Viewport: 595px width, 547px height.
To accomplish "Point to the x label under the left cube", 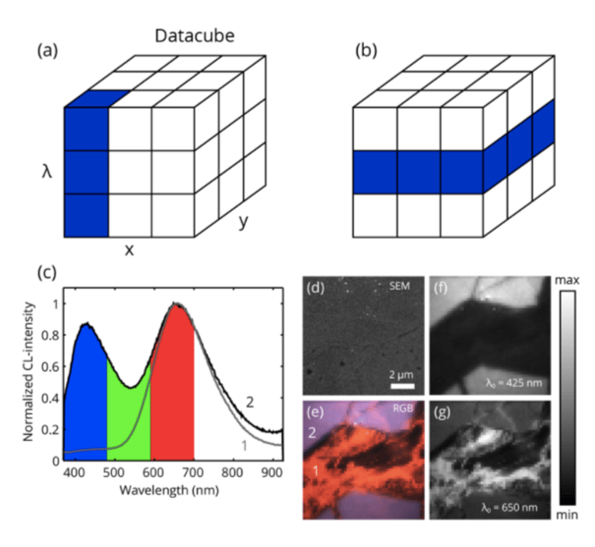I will click(129, 249).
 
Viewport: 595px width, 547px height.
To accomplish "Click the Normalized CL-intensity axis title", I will click(29, 370).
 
